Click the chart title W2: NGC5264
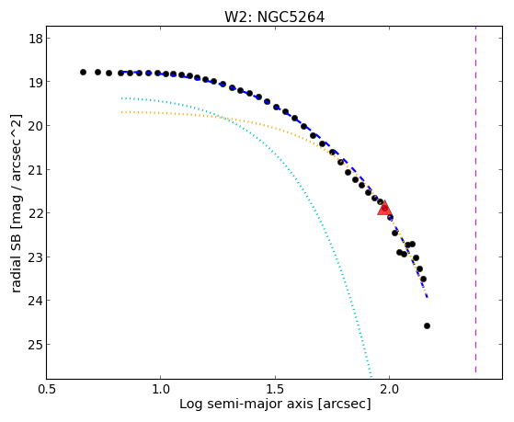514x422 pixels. click(x=274, y=17)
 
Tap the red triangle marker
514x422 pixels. click(x=384, y=208)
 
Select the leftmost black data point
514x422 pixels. click(x=83, y=72)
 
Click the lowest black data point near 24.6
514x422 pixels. click(x=427, y=326)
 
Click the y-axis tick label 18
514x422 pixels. click(x=35, y=39)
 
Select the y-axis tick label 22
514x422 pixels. click(x=35, y=213)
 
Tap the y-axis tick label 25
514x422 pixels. click(x=35, y=344)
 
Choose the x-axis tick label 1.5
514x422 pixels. click(x=275, y=389)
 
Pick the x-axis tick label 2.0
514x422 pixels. click(x=389, y=389)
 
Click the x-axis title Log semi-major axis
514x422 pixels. click(x=246, y=404)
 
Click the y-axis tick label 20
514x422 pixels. click(x=35, y=126)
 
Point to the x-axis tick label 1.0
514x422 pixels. click(x=161, y=389)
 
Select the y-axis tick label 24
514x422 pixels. click(x=35, y=301)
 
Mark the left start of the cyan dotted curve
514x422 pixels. click(x=122, y=98)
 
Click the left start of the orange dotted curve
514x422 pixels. click(x=122, y=112)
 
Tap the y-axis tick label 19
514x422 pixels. click(x=35, y=82)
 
